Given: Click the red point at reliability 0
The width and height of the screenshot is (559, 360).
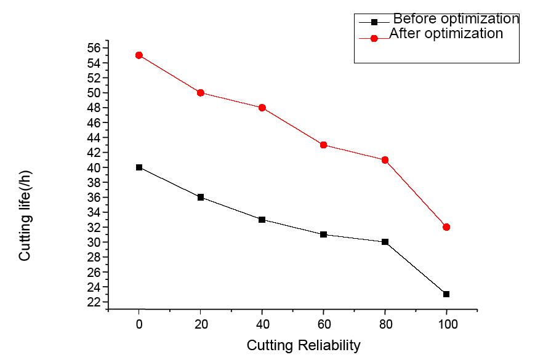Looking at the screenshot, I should (139, 55).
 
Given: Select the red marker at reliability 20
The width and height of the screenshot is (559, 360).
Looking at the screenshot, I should (201, 93).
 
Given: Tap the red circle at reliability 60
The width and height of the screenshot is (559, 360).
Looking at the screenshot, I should (324, 145).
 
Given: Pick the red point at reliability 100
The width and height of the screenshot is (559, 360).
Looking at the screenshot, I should (446, 227).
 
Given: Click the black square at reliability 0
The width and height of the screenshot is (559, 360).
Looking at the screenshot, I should (139, 167).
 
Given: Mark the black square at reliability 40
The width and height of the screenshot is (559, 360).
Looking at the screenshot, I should (262, 220).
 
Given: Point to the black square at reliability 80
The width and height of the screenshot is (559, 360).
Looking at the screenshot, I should (385, 242).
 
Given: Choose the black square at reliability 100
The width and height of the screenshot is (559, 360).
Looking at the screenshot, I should (446, 294).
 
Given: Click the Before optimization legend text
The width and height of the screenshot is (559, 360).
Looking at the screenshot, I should (456, 19).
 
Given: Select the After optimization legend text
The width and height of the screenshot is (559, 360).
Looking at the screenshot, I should (446, 34).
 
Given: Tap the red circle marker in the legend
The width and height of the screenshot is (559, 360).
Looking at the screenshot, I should (374, 38).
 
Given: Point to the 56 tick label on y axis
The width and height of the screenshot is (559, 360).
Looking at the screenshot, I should (94, 48).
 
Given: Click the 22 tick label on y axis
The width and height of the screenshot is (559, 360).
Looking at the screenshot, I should (94, 302).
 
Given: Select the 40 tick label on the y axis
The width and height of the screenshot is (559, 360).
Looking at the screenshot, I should (94, 167).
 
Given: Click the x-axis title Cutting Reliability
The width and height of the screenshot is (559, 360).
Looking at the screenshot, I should (304, 346).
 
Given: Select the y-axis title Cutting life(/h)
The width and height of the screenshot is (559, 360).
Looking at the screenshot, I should (25, 216).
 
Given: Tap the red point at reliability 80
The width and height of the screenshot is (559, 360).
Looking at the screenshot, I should (385, 160).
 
